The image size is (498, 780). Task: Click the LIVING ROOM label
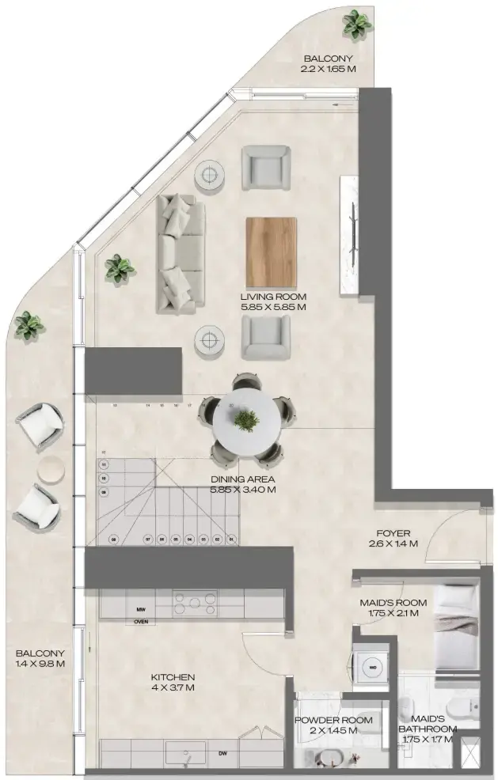pos(273,297)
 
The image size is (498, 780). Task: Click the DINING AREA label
pos(242,479)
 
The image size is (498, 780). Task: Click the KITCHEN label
pos(173,677)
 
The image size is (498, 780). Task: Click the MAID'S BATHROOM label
pos(428,728)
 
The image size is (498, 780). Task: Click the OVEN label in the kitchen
pos(141,621)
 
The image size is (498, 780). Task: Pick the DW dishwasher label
pos(222,754)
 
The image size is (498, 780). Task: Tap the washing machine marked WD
pos(371,666)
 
